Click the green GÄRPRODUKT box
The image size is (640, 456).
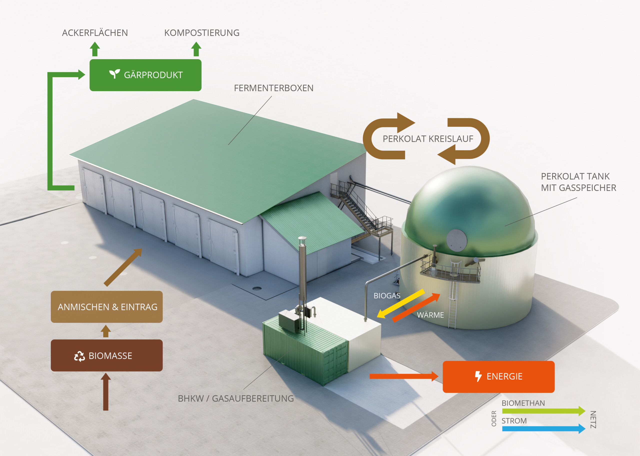pyautogui.click(x=145, y=75)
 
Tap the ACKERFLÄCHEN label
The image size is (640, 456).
pyautogui.click(x=95, y=33)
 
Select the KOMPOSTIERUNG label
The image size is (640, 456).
pyautogui.click(x=202, y=33)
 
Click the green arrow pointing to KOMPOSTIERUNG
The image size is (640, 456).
pyautogui.click(x=196, y=49)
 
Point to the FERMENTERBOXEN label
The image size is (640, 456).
pyautogui.click(x=274, y=88)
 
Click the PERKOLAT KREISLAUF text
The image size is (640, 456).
pyautogui.click(x=428, y=139)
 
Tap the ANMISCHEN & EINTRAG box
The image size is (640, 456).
pyautogui.click(x=106, y=307)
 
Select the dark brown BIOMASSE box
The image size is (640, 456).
pyautogui.click(x=106, y=356)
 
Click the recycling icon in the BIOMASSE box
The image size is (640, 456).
pyautogui.click(x=79, y=356)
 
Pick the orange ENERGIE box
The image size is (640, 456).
pyautogui.click(x=498, y=377)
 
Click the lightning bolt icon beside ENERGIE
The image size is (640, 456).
pyautogui.click(x=478, y=376)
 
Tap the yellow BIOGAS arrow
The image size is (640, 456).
pyautogui.click(x=401, y=304)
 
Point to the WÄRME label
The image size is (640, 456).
pyautogui.click(x=430, y=315)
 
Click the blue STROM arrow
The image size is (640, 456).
pyautogui.click(x=544, y=429)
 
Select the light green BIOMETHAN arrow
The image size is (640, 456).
pyautogui.click(x=544, y=411)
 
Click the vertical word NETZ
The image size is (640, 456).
pyautogui.click(x=593, y=420)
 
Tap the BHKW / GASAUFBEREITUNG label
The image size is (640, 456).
pyautogui.click(x=236, y=399)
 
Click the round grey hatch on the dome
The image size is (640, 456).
pyautogui.click(x=457, y=240)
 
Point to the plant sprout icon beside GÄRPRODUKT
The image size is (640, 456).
pyautogui.click(x=114, y=74)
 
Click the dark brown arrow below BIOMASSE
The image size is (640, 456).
pyautogui.click(x=106, y=392)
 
